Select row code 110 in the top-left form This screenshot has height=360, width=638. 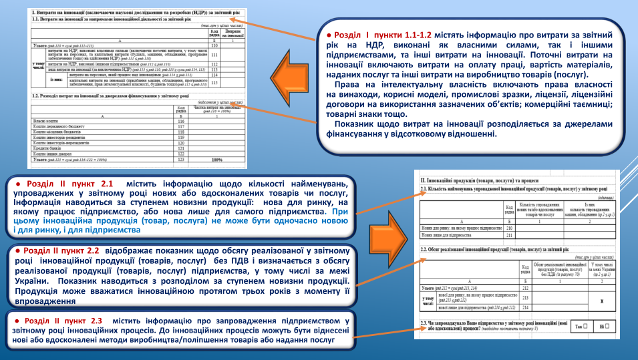pyautogui.click(x=214, y=45)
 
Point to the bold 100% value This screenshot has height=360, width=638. pyautogui.click(x=216, y=160)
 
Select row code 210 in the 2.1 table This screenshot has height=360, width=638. pyautogui.click(x=509, y=228)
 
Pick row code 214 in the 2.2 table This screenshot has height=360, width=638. pyautogui.click(x=524, y=307)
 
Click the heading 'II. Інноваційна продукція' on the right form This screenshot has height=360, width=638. pyautogui.click(x=468, y=180)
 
